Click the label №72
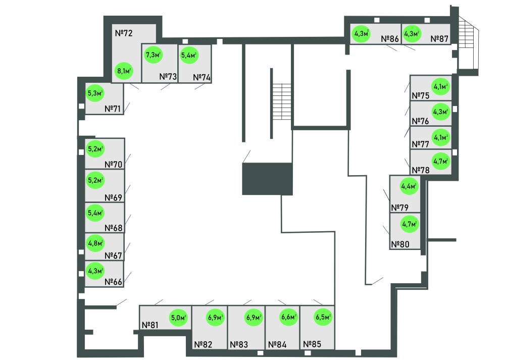coord(124,34)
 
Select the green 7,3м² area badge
coord(153,54)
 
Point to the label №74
coord(202,78)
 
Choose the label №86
coord(390,38)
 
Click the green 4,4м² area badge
coord(410,186)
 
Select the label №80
coord(400,245)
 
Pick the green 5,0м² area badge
coord(178,318)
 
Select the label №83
coord(239,345)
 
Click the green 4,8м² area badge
coord(95,243)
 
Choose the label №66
coord(114,282)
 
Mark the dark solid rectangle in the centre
coord(268,178)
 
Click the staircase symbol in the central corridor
coord(281,101)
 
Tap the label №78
coord(421,170)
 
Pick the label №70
coord(114,164)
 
